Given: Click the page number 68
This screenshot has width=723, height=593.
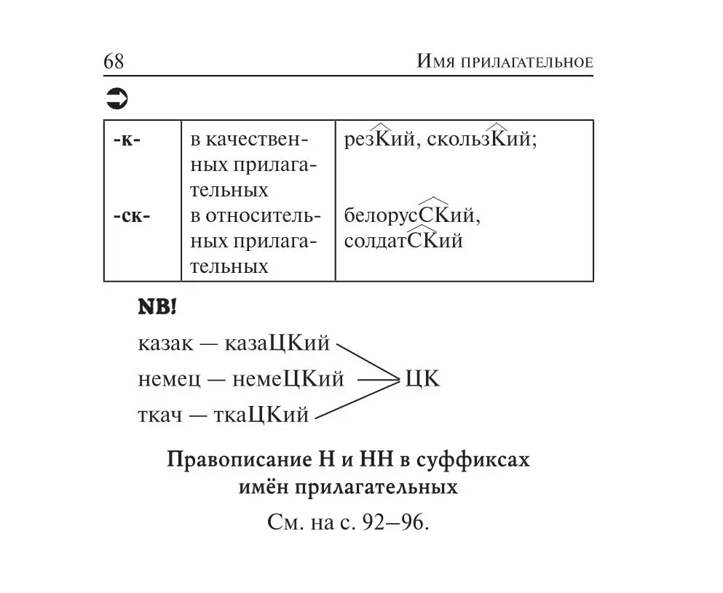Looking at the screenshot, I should pos(114,61).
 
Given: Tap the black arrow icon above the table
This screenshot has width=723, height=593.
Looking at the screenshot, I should pos(116,98).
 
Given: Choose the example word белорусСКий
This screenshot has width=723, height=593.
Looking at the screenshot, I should pos(412,216).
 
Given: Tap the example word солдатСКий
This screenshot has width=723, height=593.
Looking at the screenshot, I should pos(403,241).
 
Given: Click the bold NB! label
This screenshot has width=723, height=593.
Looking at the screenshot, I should pos(157,308).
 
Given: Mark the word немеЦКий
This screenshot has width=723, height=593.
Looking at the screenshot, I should pos(288,379).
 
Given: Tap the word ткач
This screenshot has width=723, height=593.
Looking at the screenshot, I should pos(158,415).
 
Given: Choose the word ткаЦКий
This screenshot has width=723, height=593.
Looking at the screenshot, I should pos(261,415).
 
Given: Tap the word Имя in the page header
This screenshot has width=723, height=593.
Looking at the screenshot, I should pos(435,61).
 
